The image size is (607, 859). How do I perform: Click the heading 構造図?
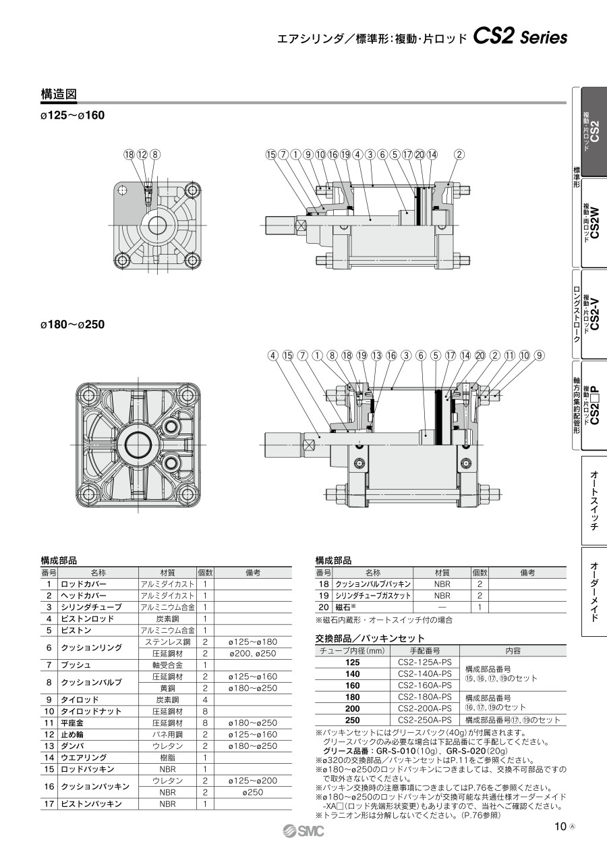[x=59, y=95]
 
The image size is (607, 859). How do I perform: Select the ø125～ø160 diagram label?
[x=72, y=115]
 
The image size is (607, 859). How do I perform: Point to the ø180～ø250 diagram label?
[x=72, y=324]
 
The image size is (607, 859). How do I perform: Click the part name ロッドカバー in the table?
[x=84, y=584]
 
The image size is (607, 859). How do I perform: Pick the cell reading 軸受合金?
[x=167, y=665]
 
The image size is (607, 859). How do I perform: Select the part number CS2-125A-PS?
[x=425, y=662]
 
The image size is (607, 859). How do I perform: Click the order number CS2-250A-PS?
[x=425, y=720]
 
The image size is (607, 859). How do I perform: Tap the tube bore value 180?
[x=352, y=697]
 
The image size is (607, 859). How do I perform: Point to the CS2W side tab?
[x=594, y=223]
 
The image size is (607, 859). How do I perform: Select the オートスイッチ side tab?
[x=594, y=500]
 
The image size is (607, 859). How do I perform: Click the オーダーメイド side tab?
[x=594, y=592]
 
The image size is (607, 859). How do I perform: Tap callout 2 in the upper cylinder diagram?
[x=459, y=155]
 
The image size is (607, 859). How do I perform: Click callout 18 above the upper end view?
[x=129, y=155]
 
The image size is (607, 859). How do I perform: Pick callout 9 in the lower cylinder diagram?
[x=539, y=355]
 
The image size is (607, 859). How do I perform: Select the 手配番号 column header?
[x=425, y=651]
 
